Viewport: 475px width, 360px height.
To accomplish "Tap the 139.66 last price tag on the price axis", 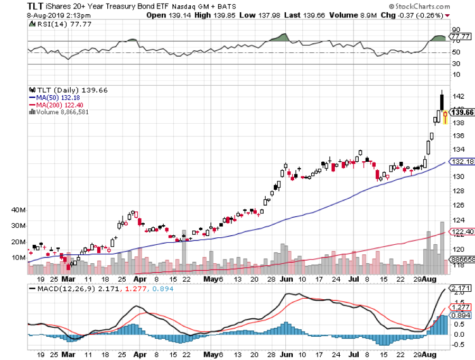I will pos(461,113).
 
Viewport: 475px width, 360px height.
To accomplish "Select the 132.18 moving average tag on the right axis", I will pos(461,162).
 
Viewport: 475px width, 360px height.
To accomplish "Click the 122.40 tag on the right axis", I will pos(461,232).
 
